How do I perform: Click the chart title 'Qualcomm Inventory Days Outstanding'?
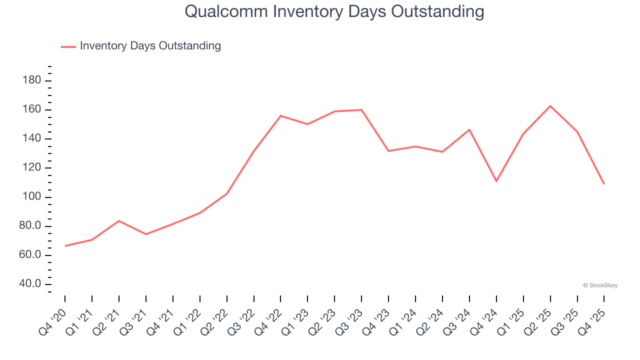pos(334,11)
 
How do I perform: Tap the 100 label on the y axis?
pos(32,197)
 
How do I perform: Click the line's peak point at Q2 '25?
pos(550,106)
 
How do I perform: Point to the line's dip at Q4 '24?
pos(496,181)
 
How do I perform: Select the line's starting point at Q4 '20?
pos(65,246)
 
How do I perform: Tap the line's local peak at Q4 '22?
pos(280,115)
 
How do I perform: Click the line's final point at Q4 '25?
pos(604,184)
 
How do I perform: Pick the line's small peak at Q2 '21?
pos(119,220)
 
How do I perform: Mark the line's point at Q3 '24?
pos(469,129)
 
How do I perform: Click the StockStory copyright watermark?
pos(600,285)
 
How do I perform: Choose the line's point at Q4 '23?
pos(388,150)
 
